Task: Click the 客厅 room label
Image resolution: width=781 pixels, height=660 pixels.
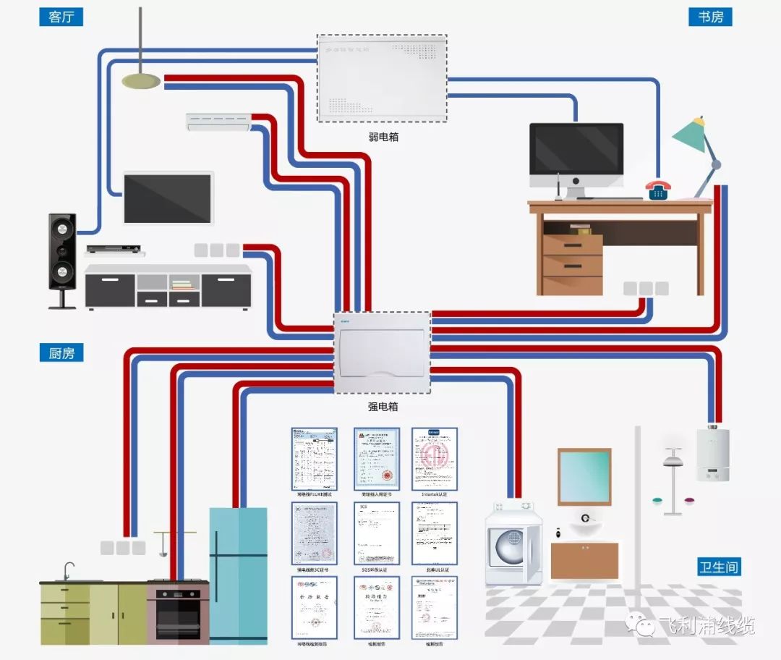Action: (61, 17)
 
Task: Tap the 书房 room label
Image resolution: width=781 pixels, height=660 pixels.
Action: (710, 17)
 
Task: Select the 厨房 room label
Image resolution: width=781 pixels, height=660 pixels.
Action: (61, 353)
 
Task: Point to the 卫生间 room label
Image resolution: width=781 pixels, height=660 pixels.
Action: (720, 567)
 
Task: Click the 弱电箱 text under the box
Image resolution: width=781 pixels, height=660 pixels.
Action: (383, 136)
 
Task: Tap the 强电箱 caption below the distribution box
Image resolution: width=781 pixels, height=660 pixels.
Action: (383, 407)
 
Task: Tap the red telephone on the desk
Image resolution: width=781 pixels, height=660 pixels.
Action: (658, 190)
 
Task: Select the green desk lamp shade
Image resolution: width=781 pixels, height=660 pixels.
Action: (689, 136)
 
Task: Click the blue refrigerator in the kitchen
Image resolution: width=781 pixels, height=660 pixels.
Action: (238, 575)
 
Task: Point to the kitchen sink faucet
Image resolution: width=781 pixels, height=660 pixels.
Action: (68, 570)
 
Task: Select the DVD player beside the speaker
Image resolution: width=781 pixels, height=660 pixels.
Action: (112, 249)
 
